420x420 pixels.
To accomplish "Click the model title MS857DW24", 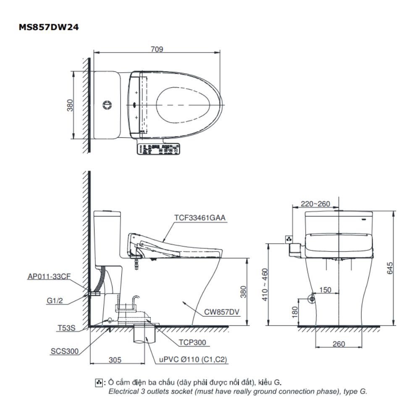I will tap(49, 27).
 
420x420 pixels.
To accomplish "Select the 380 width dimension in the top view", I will tap(70, 105).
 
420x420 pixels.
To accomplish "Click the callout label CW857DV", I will tap(222, 312).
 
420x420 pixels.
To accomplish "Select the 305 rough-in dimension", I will tap(115, 360).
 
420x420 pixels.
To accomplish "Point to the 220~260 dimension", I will tap(316, 204).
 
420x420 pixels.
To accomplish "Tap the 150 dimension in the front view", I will tap(325, 290).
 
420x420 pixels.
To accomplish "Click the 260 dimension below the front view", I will tap(338, 344).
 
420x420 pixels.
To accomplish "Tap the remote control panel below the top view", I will tap(159, 149).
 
